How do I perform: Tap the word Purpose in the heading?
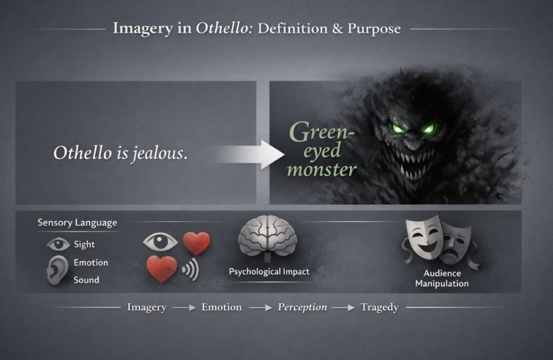pyautogui.click(x=374, y=28)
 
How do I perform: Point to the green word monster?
pyautogui.click(x=322, y=169)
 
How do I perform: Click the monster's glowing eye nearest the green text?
pyautogui.click(x=398, y=128)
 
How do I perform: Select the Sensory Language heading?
pyautogui.click(x=77, y=222)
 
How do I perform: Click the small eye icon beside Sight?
pyautogui.click(x=58, y=244)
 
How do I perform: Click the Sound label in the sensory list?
pyautogui.click(x=86, y=280)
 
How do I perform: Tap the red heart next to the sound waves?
pyautogui.click(x=162, y=269)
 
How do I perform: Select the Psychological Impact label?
pyautogui.click(x=269, y=271)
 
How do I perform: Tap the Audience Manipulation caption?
pyautogui.click(x=442, y=279)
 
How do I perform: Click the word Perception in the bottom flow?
pyautogui.click(x=302, y=307)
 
